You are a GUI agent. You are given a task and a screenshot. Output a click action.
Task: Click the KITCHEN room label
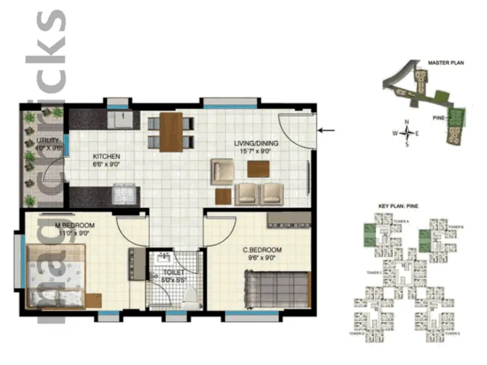click(x=106, y=156)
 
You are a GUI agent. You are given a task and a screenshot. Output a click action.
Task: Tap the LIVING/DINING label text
click(x=256, y=143)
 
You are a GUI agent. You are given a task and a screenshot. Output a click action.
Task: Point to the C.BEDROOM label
click(x=262, y=250)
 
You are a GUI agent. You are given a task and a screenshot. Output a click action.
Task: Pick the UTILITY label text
click(x=48, y=140)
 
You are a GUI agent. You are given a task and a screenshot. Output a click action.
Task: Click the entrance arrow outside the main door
click(x=327, y=131)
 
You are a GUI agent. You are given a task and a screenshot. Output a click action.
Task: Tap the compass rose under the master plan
click(x=407, y=133)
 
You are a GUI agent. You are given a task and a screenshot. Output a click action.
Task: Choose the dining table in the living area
click(x=171, y=132)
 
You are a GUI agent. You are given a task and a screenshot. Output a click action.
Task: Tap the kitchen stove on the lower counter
click(x=123, y=194)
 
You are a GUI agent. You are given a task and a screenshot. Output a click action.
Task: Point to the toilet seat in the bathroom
click(x=189, y=298)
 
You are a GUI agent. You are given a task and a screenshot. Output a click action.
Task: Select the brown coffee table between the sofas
click(x=258, y=169)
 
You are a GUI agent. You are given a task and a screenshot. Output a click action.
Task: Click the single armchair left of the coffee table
click(x=223, y=171)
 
